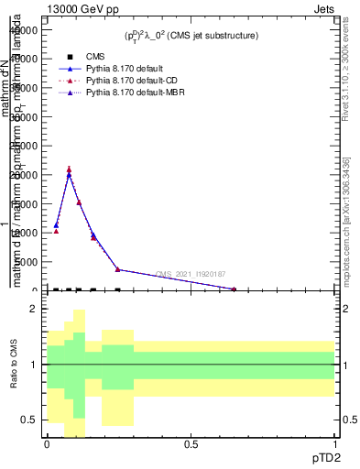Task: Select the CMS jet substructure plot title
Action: (x=191, y=36)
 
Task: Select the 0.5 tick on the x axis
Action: (x=191, y=444)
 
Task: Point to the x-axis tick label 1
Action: (x=334, y=444)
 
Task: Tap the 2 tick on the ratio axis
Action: (x=34, y=309)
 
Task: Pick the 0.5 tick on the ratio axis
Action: (x=30, y=420)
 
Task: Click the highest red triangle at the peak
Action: (x=69, y=169)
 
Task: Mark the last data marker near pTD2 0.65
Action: (x=234, y=289)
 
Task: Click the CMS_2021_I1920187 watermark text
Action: (x=190, y=274)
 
